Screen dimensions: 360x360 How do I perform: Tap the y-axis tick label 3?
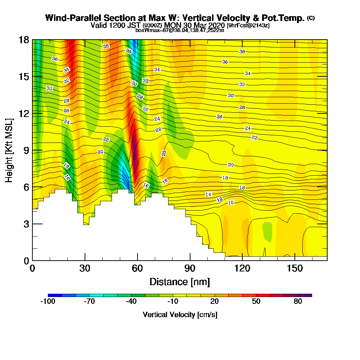coord(26,224)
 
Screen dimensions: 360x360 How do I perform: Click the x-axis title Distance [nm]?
coord(180,282)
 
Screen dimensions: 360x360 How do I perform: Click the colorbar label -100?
coord(48,302)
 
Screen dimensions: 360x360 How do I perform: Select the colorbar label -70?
coord(89,302)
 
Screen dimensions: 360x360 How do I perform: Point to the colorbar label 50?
coord(256,302)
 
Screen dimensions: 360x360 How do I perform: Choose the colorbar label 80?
coord(298,302)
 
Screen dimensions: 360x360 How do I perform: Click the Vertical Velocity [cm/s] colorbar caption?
coord(180,315)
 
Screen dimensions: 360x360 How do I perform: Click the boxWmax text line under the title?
coord(180,30)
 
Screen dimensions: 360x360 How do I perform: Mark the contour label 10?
coord(231,203)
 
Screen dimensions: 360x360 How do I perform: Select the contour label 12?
coord(220,199)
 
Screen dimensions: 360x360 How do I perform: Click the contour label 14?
coord(208,194)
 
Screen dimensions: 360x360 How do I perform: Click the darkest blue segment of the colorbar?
coord(55,295)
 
